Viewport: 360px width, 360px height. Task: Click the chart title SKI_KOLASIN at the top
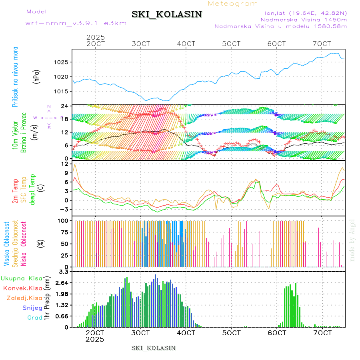pos(167,14)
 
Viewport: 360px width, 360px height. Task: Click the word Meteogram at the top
pos(233,4)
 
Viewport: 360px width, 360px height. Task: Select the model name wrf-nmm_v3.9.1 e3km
pos(76,23)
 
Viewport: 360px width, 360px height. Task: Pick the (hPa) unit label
pos(36,76)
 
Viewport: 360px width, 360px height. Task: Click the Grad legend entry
pos(34,318)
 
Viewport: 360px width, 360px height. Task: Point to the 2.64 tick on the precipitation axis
pos(62,283)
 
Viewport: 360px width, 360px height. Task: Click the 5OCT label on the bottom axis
pos(232,333)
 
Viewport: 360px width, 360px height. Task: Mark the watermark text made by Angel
pos(352,240)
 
